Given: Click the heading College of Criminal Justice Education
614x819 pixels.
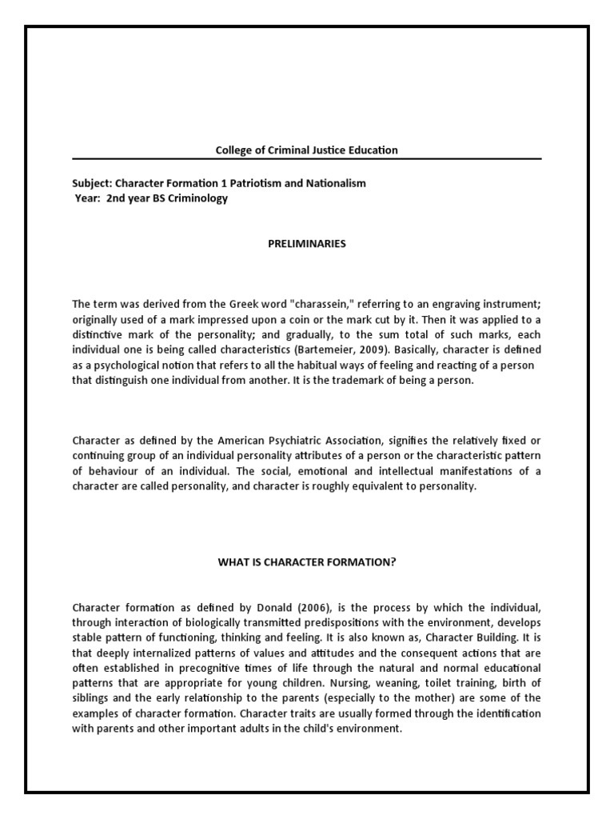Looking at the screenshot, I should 307,150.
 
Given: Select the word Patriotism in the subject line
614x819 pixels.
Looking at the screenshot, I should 248,183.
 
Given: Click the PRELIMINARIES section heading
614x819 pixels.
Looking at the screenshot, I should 307,244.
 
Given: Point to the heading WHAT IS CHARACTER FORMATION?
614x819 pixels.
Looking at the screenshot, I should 307,561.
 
